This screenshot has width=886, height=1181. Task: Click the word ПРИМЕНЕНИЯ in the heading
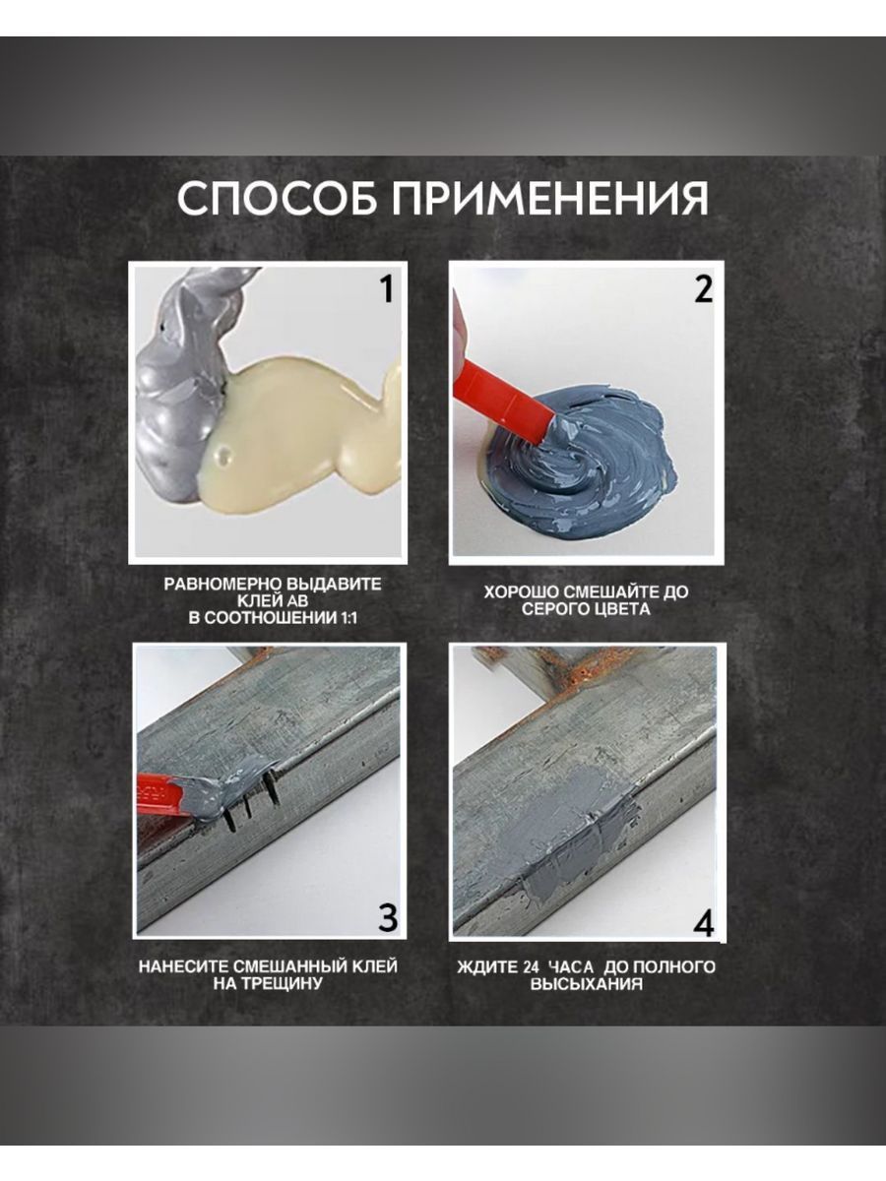[550, 198]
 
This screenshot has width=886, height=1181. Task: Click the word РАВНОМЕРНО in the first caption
[222, 585]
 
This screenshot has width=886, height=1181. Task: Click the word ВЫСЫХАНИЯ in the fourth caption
[587, 984]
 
